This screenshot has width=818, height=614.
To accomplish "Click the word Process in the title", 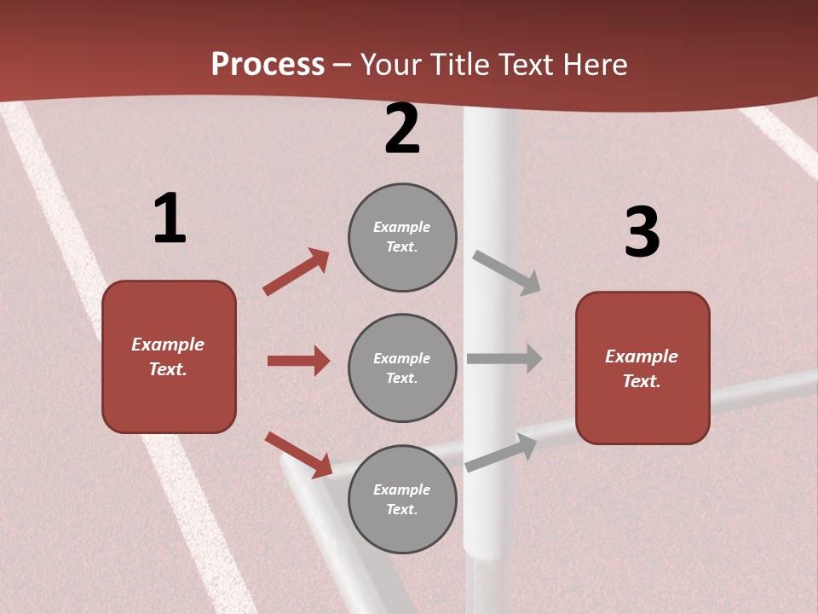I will pyautogui.click(x=268, y=65).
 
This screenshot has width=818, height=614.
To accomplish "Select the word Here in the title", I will pyautogui.click(x=592, y=65).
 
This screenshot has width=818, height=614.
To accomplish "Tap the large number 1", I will pyautogui.click(x=170, y=219).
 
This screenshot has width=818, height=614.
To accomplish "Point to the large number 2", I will pyautogui.click(x=402, y=130).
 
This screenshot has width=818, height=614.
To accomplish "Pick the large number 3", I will pyautogui.click(x=642, y=232).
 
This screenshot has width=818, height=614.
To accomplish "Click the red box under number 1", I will pyautogui.click(x=169, y=356).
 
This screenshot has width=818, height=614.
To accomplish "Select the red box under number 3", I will pyautogui.click(x=642, y=368).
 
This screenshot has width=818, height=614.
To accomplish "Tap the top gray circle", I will pyautogui.click(x=402, y=237).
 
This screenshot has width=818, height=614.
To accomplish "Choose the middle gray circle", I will pyautogui.click(x=402, y=368).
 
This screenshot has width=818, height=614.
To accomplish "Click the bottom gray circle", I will pyautogui.click(x=402, y=500).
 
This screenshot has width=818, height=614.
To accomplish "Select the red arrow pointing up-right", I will pyautogui.click(x=297, y=272).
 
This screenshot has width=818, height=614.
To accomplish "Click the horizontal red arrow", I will pyautogui.click(x=298, y=361).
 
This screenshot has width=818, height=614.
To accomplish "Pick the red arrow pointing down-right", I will pyautogui.click(x=298, y=455).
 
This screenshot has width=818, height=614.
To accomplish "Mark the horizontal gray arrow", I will pyautogui.click(x=504, y=359).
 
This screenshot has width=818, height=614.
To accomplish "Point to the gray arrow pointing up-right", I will pyautogui.click(x=501, y=452).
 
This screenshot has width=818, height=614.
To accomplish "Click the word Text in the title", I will pyautogui.click(x=524, y=65).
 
